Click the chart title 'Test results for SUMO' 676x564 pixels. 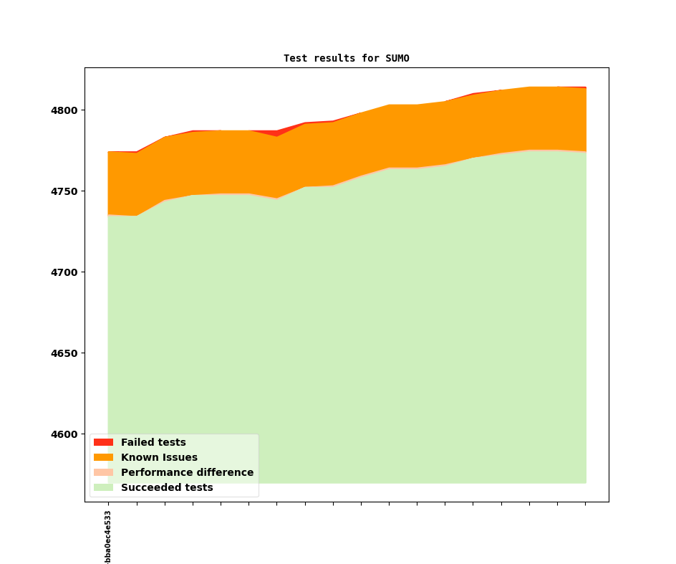point(346,58)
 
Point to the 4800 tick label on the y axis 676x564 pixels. point(66,110)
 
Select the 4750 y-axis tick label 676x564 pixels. point(66,191)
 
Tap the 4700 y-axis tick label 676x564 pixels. point(66,272)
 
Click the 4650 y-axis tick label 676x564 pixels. point(66,353)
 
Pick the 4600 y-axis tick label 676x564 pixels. point(66,434)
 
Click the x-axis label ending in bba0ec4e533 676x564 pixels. point(108,537)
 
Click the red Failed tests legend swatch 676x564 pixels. point(103,442)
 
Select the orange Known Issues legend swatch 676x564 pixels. point(103,457)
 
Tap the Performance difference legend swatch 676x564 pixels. point(103,472)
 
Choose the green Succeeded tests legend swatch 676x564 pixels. point(103,487)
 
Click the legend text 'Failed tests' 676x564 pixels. point(153,442)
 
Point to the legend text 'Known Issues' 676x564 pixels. point(159,457)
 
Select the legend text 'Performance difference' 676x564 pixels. point(187,472)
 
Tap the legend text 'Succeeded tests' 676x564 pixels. point(167,487)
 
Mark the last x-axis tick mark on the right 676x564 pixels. point(586,504)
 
